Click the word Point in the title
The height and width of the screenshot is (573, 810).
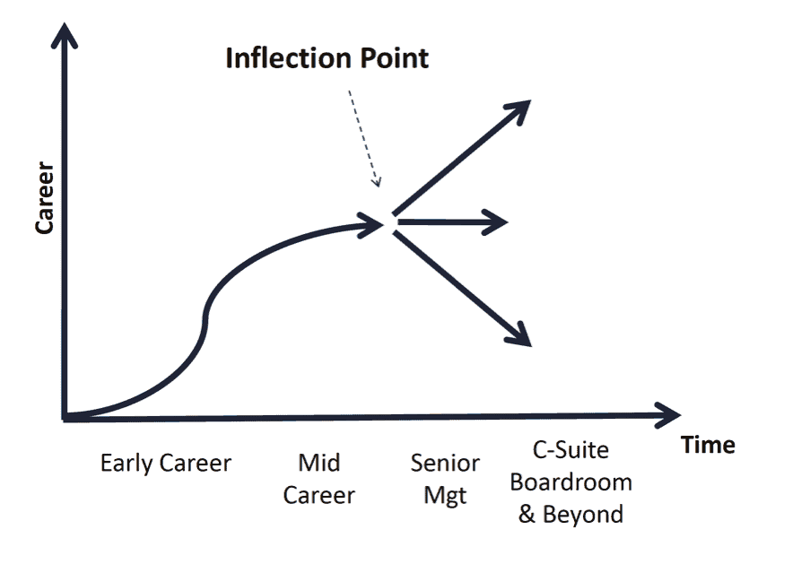(395, 57)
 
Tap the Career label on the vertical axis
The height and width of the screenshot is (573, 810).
(45, 197)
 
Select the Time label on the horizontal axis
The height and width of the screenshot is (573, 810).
(708, 445)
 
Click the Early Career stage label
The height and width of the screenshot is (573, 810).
(166, 463)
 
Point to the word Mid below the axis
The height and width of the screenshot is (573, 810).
(319, 463)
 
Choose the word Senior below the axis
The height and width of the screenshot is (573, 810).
(445, 463)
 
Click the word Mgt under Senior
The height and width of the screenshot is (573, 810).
(445, 496)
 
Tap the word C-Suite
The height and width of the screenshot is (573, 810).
(570, 449)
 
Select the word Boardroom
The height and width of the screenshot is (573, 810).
(570, 482)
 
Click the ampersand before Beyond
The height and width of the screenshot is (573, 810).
(527, 514)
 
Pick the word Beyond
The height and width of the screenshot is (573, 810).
(583, 515)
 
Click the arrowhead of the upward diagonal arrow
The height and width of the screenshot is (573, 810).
(519, 110)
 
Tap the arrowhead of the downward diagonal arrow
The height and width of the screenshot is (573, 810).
(520, 335)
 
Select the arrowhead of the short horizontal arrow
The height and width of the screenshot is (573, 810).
(497, 222)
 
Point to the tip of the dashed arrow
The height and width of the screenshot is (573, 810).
(379, 186)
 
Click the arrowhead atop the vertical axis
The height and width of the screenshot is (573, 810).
(64, 34)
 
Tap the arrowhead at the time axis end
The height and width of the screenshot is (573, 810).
(669, 414)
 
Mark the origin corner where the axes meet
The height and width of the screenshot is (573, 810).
(65, 418)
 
